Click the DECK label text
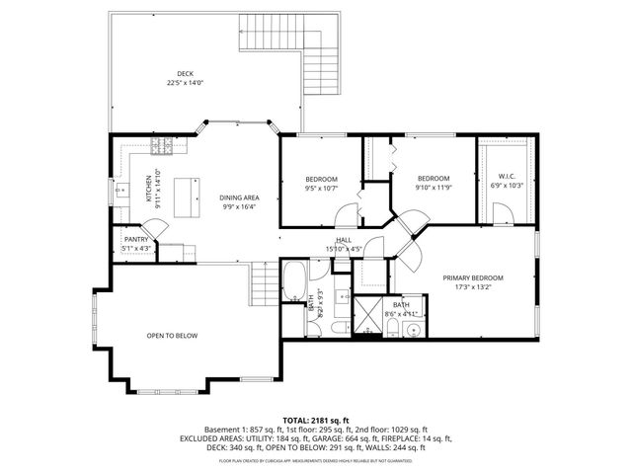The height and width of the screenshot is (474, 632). click(185, 72)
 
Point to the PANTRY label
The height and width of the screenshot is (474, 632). click(136, 239)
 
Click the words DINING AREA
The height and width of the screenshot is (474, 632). click(238, 197)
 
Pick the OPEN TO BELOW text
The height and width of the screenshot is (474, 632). click(172, 336)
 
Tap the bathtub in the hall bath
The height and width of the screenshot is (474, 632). click(294, 281)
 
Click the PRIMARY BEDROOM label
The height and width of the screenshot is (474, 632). click(473, 278)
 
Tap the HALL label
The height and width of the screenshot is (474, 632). click(344, 240)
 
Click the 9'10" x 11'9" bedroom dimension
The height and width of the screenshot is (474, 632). click(432, 187)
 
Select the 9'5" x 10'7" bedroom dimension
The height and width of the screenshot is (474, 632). click(321, 187)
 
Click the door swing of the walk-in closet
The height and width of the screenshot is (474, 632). click(502, 212)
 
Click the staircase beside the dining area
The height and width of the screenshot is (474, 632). click(264, 285)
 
